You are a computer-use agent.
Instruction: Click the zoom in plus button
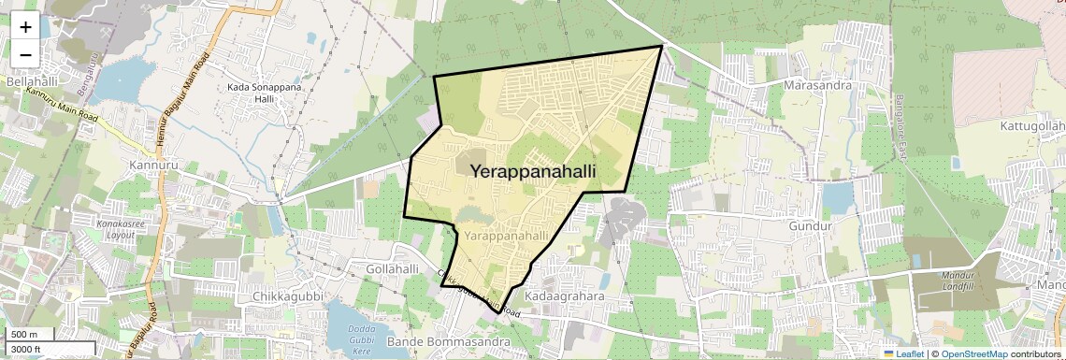(25, 26)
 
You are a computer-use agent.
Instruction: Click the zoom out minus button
(25, 54)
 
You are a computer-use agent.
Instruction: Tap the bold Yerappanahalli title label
(533, 171)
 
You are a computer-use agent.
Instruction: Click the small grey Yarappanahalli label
(506, 237)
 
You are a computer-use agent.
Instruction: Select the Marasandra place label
(816, 85)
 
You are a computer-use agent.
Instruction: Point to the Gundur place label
(810, 226)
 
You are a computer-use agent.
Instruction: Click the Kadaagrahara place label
(567, 295)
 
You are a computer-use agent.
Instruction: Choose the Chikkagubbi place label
(293, 296)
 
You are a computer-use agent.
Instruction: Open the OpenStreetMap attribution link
(973, 353)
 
